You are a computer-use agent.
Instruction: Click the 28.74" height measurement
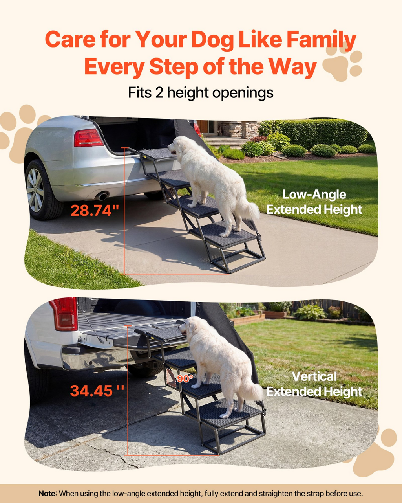95,210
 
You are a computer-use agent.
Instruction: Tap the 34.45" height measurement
97,391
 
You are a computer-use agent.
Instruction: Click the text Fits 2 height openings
201,93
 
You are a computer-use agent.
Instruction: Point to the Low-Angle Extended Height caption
314,202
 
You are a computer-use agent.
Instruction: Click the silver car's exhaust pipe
102,196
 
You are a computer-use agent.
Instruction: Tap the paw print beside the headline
343,62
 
